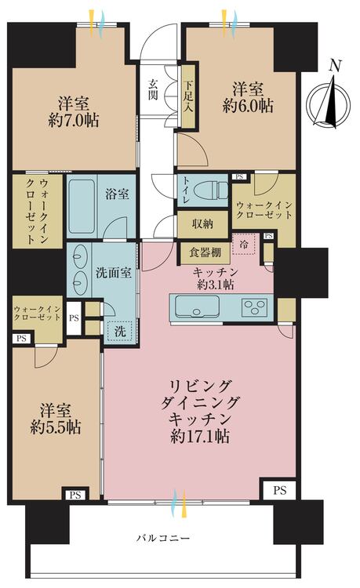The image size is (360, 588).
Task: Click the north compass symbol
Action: coord(328,100)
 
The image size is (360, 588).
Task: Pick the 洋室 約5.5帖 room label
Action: coord(57,419)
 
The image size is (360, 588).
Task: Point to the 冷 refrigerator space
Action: coord(244,245)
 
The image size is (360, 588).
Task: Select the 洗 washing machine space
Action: coord(121,332)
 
